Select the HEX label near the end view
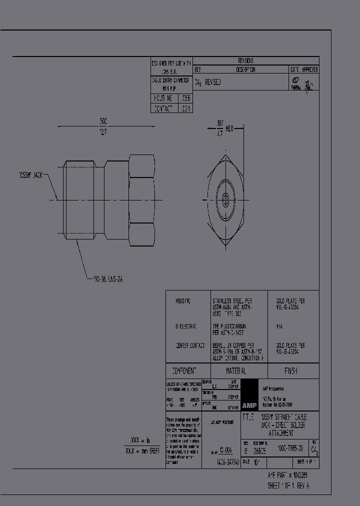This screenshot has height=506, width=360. click(229, 129)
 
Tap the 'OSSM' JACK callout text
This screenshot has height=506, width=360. click(30, 175)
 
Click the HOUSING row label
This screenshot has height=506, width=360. click(183, 301)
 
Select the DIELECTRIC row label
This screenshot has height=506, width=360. click(185, 326)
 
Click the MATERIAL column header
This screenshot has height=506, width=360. click(235, 371)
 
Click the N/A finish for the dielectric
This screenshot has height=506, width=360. click(279, 326)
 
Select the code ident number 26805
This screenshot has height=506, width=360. click(259, 450)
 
